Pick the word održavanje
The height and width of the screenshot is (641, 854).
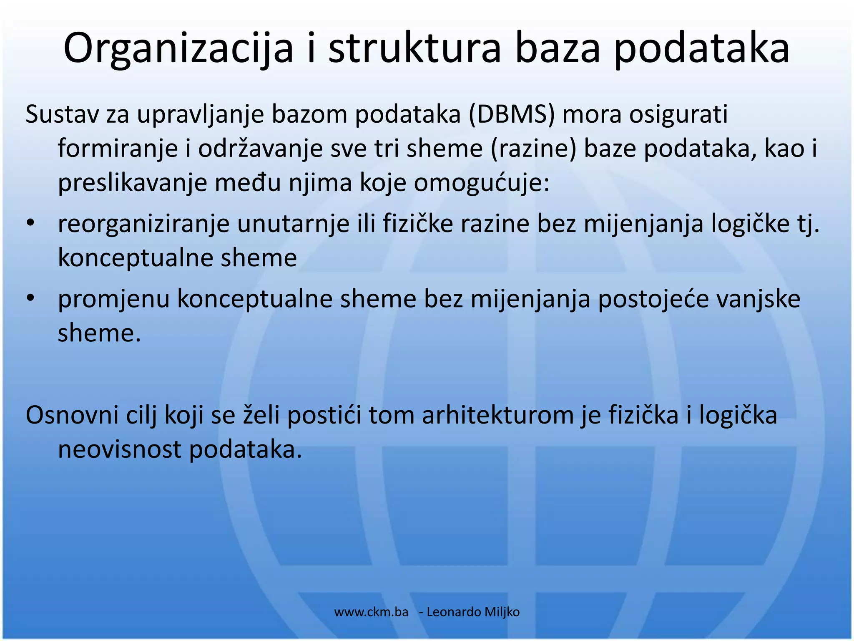(261, 148)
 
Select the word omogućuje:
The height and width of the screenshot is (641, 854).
(482, 182)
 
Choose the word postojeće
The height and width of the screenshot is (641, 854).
(653, 299)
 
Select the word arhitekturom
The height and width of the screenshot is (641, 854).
(498, 415)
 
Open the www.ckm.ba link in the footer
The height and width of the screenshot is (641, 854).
(371, 612)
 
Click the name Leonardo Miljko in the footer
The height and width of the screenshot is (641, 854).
(473, 612)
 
